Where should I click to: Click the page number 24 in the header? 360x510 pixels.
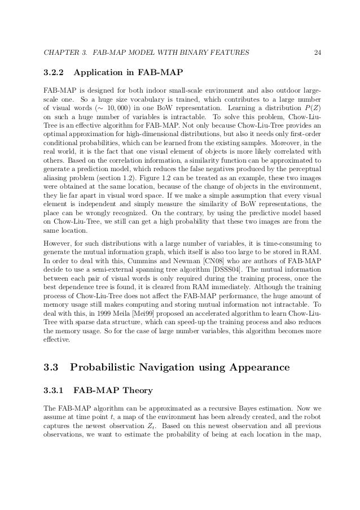click(318, 54)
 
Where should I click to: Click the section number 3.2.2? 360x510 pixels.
click(55, 73)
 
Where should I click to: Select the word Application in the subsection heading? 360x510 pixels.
click(96, 73)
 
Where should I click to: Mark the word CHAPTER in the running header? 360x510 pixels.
click(60, 54)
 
